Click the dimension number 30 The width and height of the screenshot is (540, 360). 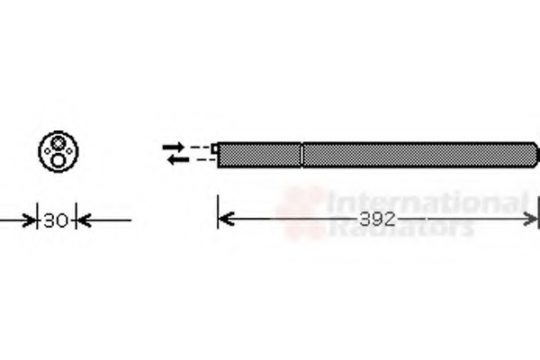57,219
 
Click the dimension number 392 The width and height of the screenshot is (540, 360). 378,219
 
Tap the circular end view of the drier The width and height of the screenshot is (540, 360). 58,151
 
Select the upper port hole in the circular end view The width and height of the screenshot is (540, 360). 58,143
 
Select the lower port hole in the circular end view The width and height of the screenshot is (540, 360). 58,159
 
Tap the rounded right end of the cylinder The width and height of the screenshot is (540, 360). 534,154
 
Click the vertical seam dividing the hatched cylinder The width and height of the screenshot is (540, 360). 301,154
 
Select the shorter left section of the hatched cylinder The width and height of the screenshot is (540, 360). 259,154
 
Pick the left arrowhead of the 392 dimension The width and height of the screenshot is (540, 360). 225,219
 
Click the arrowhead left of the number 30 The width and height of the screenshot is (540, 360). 30,219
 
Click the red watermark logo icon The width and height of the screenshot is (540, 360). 301,211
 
